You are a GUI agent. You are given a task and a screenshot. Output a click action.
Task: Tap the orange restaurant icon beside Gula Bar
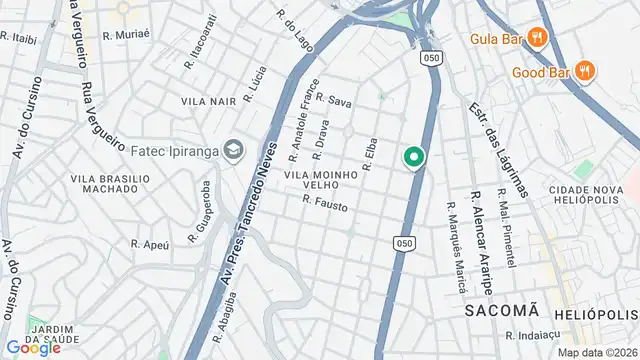[538, 38]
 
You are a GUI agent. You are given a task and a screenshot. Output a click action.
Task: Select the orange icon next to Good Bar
[584, 71]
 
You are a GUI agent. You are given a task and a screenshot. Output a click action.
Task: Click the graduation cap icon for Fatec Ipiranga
[233, 150]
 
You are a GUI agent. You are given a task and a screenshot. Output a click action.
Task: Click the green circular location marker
[413, 157]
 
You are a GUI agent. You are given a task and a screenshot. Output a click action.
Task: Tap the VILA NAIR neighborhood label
[208, 102]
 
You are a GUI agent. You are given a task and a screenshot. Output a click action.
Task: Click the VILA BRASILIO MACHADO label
[110, 184]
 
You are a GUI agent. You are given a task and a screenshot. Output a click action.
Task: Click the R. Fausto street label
[325, 202]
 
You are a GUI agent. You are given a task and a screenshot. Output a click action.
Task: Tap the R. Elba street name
[368, 154]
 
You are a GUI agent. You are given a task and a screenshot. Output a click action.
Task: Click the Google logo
[34, 347]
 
